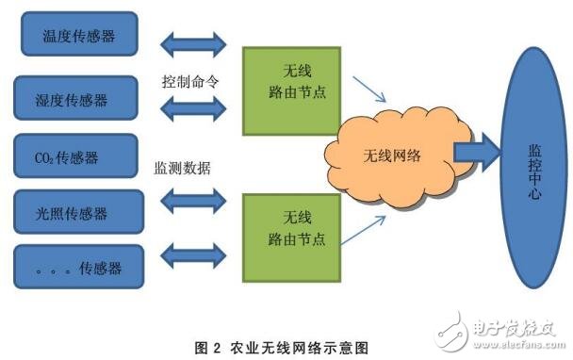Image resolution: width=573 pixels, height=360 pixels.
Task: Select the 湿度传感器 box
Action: pyautogui.click(x=80, y=99)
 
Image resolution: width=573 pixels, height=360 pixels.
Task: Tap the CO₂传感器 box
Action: pyautogui.click(x=80, y=156)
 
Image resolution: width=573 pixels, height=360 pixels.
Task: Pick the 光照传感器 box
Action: pyautogui.click(x=80, y=212)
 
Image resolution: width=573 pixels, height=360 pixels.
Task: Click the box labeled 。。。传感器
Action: pyautogui.click(x=80, y=268)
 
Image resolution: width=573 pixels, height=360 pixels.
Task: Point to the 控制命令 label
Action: pyautogui.click(x=191, y=81)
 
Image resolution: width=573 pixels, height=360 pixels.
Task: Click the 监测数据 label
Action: pyautogui.click(x=183, y=168)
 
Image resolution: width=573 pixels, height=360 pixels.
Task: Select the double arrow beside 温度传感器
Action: pyautogui.click(x=193, y=43)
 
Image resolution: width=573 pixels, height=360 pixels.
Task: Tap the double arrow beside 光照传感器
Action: pyautogui.click(x=193, y=199)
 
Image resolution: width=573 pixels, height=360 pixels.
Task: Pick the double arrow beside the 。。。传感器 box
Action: pyautogui.click(x=193, y=252)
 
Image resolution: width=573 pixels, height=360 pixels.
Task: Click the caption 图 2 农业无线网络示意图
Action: pyautogui.click(x=282, y=346)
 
